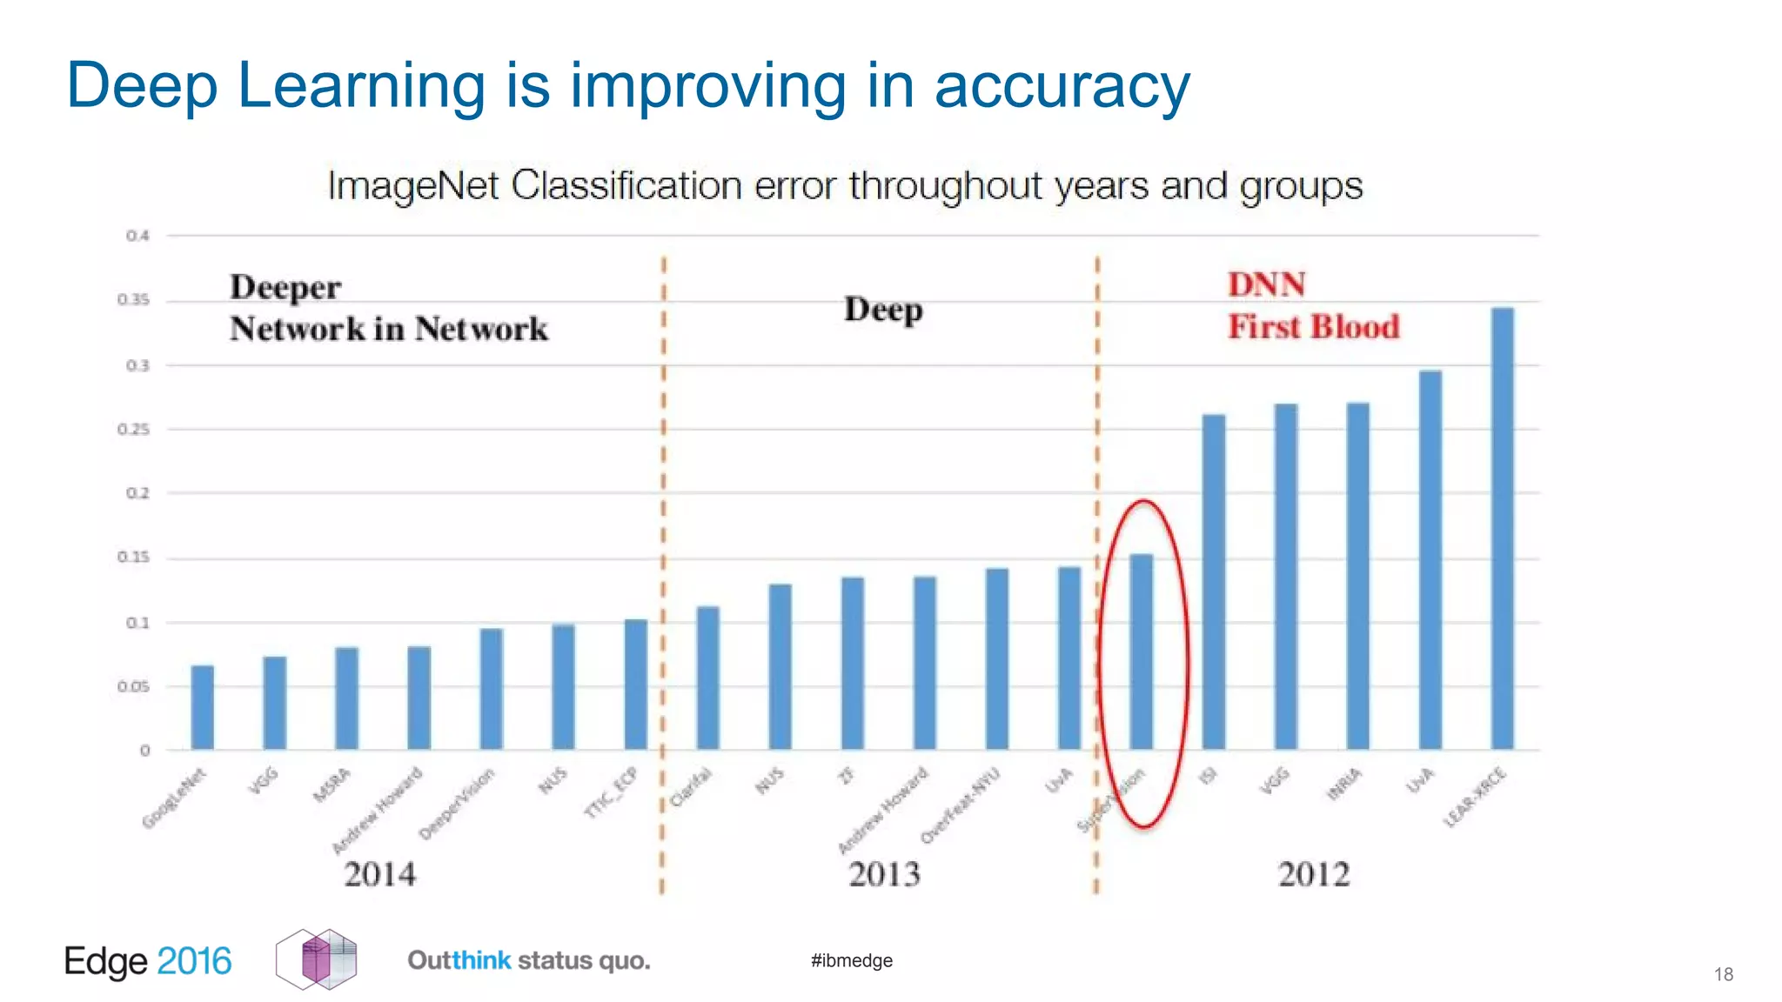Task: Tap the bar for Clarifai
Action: click(708, 678)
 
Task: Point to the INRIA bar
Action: click(1358, 576)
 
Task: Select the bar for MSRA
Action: click(347, 698)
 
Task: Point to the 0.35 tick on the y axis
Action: click(134, 300)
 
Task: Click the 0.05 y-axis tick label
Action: click(134, 687)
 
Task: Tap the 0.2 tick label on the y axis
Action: click(137, 493)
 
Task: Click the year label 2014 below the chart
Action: click(380, 874)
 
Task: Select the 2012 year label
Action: click(1314, 874)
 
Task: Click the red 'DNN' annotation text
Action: click(1266, 284)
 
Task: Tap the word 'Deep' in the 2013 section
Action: click(883, 310)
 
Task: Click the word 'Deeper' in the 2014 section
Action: click(285, 288)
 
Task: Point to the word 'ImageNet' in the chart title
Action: click(412, 185)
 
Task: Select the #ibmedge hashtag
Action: click(851, 960)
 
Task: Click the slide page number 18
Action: click(1724, 974)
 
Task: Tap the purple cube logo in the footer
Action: click(317, 959)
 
